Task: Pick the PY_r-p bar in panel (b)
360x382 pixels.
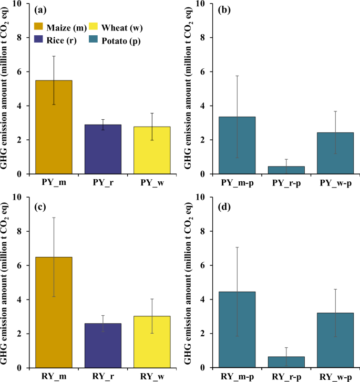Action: click(x=286, y=170)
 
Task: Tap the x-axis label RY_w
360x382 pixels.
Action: click(x=152, y=377)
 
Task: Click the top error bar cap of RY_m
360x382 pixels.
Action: click(x=54, y=218)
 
